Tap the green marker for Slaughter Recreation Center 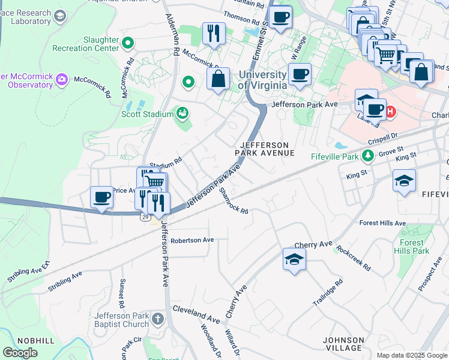[127, 43]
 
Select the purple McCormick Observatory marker [62, 79]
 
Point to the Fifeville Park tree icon [368, 157]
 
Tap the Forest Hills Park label [412, 247]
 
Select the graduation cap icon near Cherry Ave [294, 259]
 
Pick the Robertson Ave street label [192, 240]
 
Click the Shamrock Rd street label [234, 201]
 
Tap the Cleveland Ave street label [196, 312]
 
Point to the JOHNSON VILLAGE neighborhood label [343, 344]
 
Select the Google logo [20, 353]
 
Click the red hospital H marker [391, 112]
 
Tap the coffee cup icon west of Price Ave [101, 197]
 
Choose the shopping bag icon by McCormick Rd [218, 78]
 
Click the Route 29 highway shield [145, 218]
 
